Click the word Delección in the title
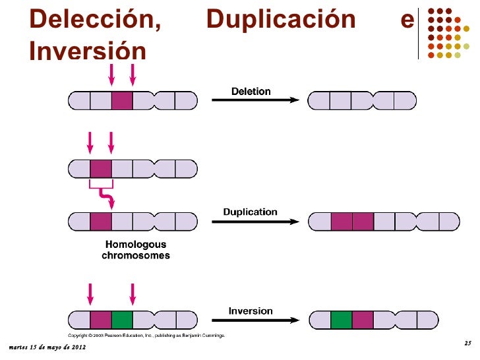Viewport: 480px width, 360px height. click(96, 20)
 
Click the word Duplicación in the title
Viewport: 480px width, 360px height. click(281, 20)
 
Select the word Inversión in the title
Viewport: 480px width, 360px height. click(87, 51)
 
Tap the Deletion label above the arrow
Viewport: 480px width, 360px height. click(251, 91)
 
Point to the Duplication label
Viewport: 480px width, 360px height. click(250, 212)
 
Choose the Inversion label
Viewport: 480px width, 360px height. click(251, 311)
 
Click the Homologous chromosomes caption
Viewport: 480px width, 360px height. click(136, 250)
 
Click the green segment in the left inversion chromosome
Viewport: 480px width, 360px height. click(122, 320)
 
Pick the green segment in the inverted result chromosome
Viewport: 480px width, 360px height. click(341, 320)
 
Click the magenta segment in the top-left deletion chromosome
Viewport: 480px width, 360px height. click(122, 101)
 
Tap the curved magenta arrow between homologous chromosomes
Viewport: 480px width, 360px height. click(105, 196)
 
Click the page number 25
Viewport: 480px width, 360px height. click(467, 344)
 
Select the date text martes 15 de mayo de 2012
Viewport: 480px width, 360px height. click(43, 347)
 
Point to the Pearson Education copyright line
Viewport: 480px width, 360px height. click(148, 335)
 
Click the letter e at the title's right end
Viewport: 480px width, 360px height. click(407, 20)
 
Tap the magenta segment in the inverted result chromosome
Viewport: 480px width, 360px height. click(363, 320)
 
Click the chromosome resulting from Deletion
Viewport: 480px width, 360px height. click(362, 101)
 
